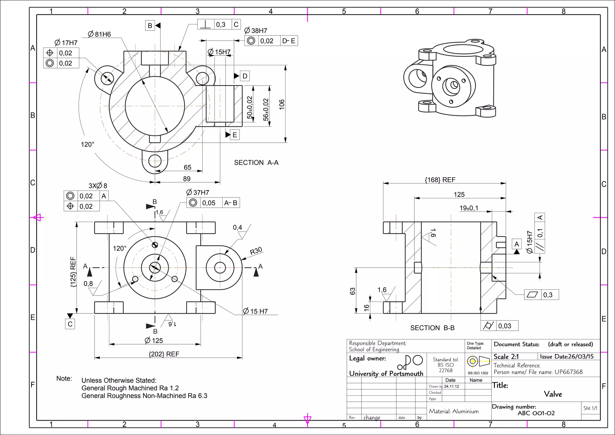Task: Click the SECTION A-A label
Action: (x=256, y=163)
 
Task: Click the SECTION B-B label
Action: (x=432, y=328)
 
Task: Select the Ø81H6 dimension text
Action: (x=99, y=34)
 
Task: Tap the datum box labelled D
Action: (x=245, y=76)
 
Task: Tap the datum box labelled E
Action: (x=235, y=135)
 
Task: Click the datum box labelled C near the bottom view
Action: (x=70, y=324)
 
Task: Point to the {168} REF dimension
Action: (x=440, y=180)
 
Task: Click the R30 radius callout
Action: (x=256, y=251)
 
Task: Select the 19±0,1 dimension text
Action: (x=468, y=208)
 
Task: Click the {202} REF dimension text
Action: (x=164, y=354)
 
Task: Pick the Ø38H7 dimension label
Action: (x=256, y=31)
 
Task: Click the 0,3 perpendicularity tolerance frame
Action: (x=219, y=25)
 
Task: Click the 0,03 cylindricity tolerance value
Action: (x=504, y=326)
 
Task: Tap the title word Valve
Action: (x=553, y=394)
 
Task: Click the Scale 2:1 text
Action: (x=506, y=357)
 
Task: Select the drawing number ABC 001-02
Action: (x=536, y=413)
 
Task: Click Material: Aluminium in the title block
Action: (x=453, y=411)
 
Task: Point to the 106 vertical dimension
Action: (x=282, y=104)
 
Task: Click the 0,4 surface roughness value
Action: (x=237, y=227)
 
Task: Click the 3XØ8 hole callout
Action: (x=98, y=186)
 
